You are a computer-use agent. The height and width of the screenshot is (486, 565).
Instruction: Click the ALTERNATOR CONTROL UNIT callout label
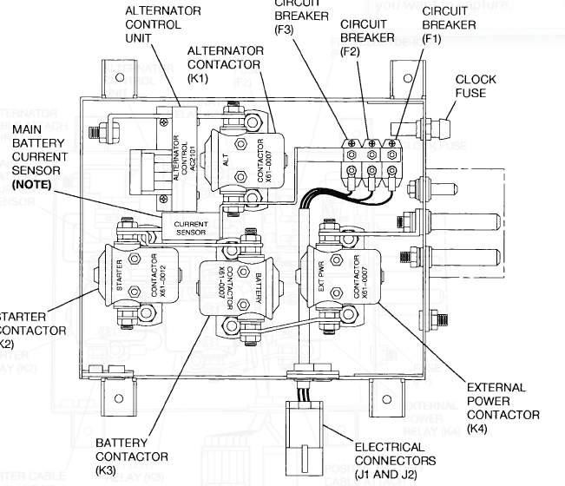pyautogui.click(x=162, y=25)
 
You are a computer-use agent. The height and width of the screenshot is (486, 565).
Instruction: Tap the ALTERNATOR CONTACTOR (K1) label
pyautogui.click(x=225, y=64)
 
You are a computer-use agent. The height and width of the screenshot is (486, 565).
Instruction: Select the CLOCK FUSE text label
pyautogui.click(x=477, y=87)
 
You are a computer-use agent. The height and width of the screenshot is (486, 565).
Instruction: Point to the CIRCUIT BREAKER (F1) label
pyautogui.click(x=449, y=18)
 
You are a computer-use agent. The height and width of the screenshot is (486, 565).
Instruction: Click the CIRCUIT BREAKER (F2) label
pyautogui.click(x=367, y=38)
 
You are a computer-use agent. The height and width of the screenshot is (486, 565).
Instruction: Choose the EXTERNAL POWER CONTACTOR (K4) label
pyautogui.click(x=503, y=408)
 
